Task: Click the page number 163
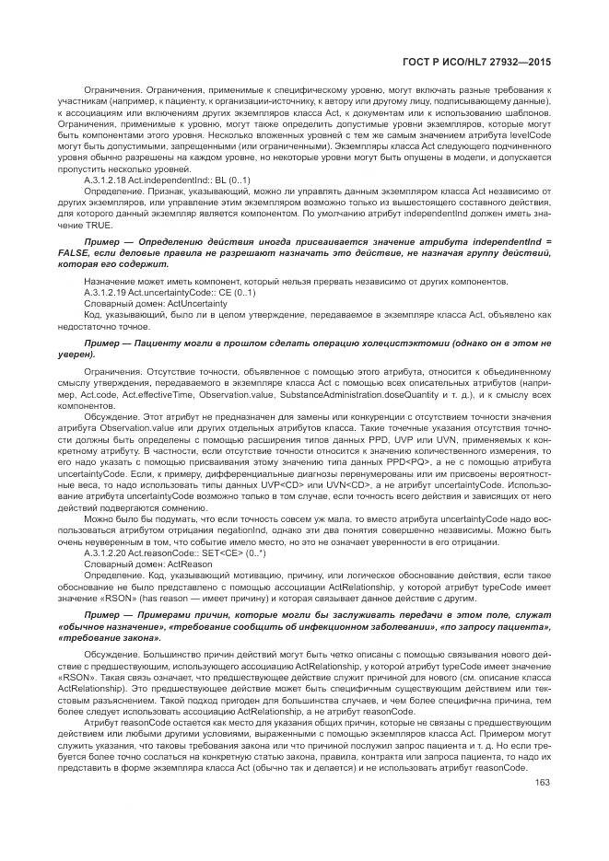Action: [542, 784]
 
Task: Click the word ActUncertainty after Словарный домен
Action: [190, 302]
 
